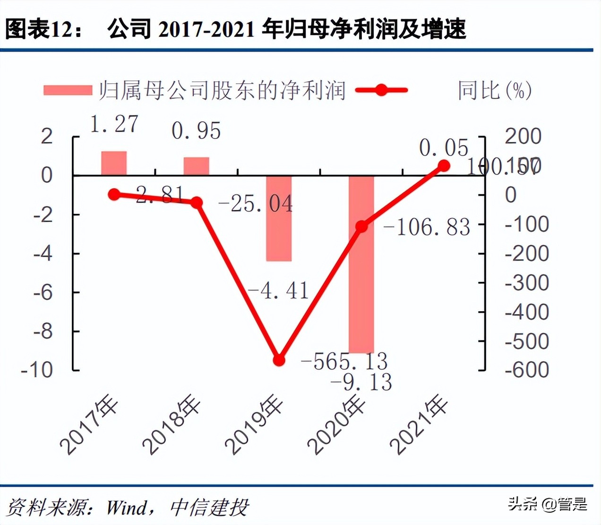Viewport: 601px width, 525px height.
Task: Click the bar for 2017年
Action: coord(114,163)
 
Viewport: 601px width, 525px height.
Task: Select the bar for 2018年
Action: coord(196,166)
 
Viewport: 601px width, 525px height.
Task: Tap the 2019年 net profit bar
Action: coord(279,218)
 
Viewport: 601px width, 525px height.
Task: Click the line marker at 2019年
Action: coord(279,360)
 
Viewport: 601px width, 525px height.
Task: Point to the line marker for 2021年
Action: coord(444,166)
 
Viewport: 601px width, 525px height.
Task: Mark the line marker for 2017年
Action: coord(114,194)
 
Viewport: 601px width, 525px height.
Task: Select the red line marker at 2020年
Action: coord(361,227)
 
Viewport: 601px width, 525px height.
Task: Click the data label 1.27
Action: coord(114,124)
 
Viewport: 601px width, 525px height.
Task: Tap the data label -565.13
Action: coord(344,362)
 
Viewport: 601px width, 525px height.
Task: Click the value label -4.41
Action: coord(278,291)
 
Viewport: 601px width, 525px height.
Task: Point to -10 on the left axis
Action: coord(37,370)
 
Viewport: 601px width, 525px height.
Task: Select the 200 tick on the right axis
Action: coord(523,136)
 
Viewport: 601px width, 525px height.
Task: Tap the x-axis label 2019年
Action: coord(254,425)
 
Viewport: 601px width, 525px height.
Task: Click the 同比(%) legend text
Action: coord(494,90)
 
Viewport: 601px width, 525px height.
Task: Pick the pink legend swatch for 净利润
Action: coord(68,90)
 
